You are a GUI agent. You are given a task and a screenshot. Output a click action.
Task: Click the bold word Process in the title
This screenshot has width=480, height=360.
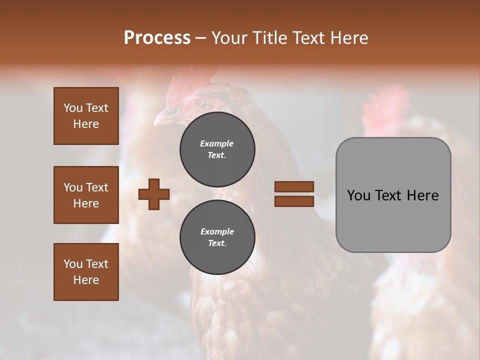click(157, 38)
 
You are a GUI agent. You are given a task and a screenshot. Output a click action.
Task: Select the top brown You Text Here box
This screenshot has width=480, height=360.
click(86, 116)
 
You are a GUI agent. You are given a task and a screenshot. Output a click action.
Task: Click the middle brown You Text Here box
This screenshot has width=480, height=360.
click(86, 195)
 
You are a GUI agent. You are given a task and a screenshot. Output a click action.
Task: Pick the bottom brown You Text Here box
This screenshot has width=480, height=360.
click(86, 272)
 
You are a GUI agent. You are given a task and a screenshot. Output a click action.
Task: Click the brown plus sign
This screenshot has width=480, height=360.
click(154, 194)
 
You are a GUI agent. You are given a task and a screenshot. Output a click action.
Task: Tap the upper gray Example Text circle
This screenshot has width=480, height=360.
click(217, 149)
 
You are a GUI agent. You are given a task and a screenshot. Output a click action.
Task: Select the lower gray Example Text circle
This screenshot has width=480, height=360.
click(217, 237)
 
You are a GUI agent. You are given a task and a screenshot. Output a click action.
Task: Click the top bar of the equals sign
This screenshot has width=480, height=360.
click(294, 186)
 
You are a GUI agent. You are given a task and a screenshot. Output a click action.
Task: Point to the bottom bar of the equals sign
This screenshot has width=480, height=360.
click(294, 201)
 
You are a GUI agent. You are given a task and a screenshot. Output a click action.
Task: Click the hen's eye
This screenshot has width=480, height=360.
click(203, 105)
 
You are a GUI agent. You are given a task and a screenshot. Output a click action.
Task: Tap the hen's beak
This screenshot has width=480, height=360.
click(162, 118)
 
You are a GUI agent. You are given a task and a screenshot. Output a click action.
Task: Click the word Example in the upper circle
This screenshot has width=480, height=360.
click(217, 143)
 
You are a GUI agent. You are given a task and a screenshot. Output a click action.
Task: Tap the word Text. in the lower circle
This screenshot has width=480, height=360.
click(217, 243)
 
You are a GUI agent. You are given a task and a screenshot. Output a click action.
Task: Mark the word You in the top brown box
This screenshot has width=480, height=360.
click(72, 108)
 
